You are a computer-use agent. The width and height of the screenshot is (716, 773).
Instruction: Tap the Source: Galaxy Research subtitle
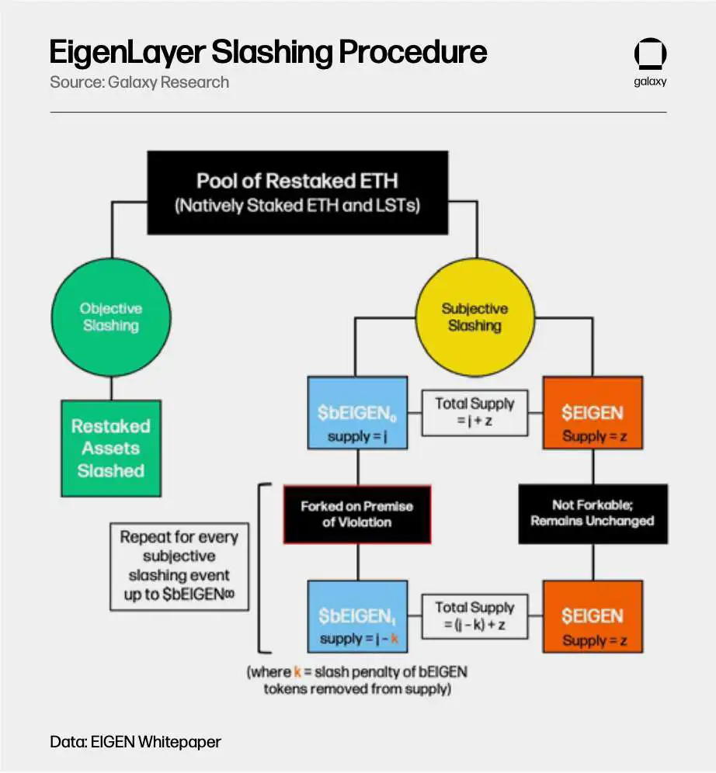[x=139, y=81]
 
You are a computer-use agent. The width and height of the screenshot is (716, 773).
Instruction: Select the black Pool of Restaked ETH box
[x=297, y=192]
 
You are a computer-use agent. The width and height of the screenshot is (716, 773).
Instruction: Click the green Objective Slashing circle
[x=111, y=317]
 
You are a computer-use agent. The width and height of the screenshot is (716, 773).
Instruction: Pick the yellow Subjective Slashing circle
[x=474, y=317]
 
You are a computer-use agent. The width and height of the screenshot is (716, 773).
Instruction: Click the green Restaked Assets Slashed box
[x=111, y=448]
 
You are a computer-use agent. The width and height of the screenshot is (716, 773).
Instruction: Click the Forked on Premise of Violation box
[x=356, y=514]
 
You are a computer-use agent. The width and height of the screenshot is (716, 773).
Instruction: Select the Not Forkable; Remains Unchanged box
[x=593, y=513]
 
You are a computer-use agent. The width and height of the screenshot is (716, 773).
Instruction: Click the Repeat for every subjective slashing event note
[x=179, y=567]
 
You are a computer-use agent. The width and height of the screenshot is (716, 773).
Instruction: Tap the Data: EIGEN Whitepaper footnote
[x=135, y=741]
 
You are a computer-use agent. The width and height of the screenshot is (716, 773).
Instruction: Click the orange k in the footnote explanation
[x=297, y=672]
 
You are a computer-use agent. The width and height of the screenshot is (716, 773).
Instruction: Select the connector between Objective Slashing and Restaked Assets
[x=111, y=388]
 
